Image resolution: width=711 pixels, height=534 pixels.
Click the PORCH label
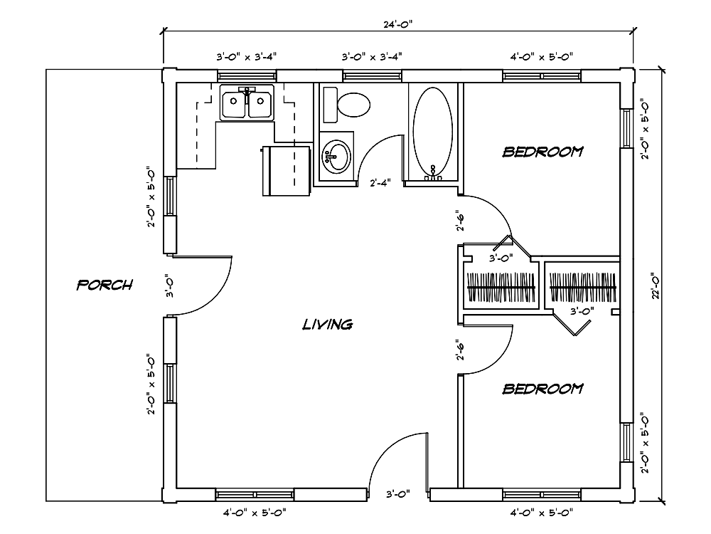pos(105,286)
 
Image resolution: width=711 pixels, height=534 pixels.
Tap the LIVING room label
pos(328,325)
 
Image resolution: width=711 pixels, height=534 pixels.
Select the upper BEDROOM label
pos(543,152)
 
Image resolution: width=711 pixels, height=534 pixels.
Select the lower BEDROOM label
pos(543,389)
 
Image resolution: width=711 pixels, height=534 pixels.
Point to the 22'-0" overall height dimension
pos(658,285)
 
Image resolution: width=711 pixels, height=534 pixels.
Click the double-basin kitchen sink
pos(247,104)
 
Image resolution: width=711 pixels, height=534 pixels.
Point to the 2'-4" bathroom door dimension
pos(381,183)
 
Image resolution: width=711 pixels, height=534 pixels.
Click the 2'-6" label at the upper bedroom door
pos(460,221)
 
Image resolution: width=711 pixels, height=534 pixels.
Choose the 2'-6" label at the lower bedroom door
pos(460,351)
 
